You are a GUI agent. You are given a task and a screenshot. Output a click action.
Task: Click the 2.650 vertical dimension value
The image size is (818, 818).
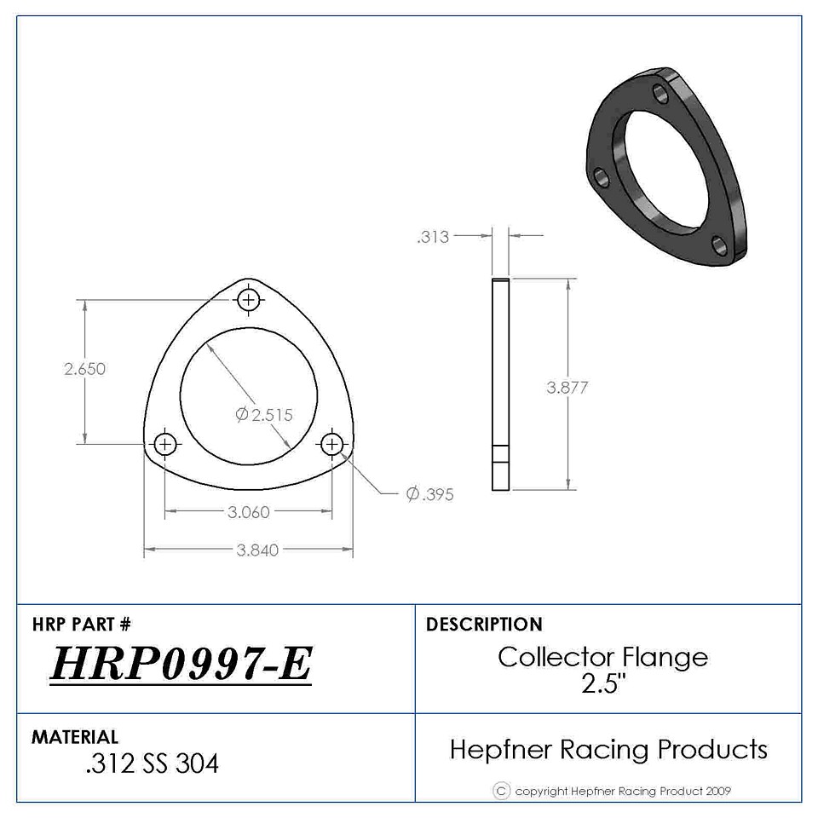tap(84, 369)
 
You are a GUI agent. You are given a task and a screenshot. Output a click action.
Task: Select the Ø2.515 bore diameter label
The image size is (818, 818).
tap(264, 415)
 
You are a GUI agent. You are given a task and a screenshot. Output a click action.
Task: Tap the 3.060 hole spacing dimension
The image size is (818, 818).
tap(248, 512)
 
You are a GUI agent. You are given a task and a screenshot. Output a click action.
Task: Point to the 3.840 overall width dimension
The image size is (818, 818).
tap(257, 550)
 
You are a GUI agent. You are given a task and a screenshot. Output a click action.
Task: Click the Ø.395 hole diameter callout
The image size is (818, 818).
tap(429, 494)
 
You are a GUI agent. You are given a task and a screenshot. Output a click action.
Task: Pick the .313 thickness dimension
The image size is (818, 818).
tap(433, 237)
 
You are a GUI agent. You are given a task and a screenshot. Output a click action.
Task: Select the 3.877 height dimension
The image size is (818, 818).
tap(567, 388)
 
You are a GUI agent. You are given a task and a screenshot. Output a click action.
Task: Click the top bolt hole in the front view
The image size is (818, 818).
tap(249, 300)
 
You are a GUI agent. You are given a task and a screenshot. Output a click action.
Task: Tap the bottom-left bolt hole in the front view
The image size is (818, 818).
tap(165, 445)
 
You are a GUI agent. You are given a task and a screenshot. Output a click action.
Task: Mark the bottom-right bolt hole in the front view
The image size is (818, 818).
tap(331, 445)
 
